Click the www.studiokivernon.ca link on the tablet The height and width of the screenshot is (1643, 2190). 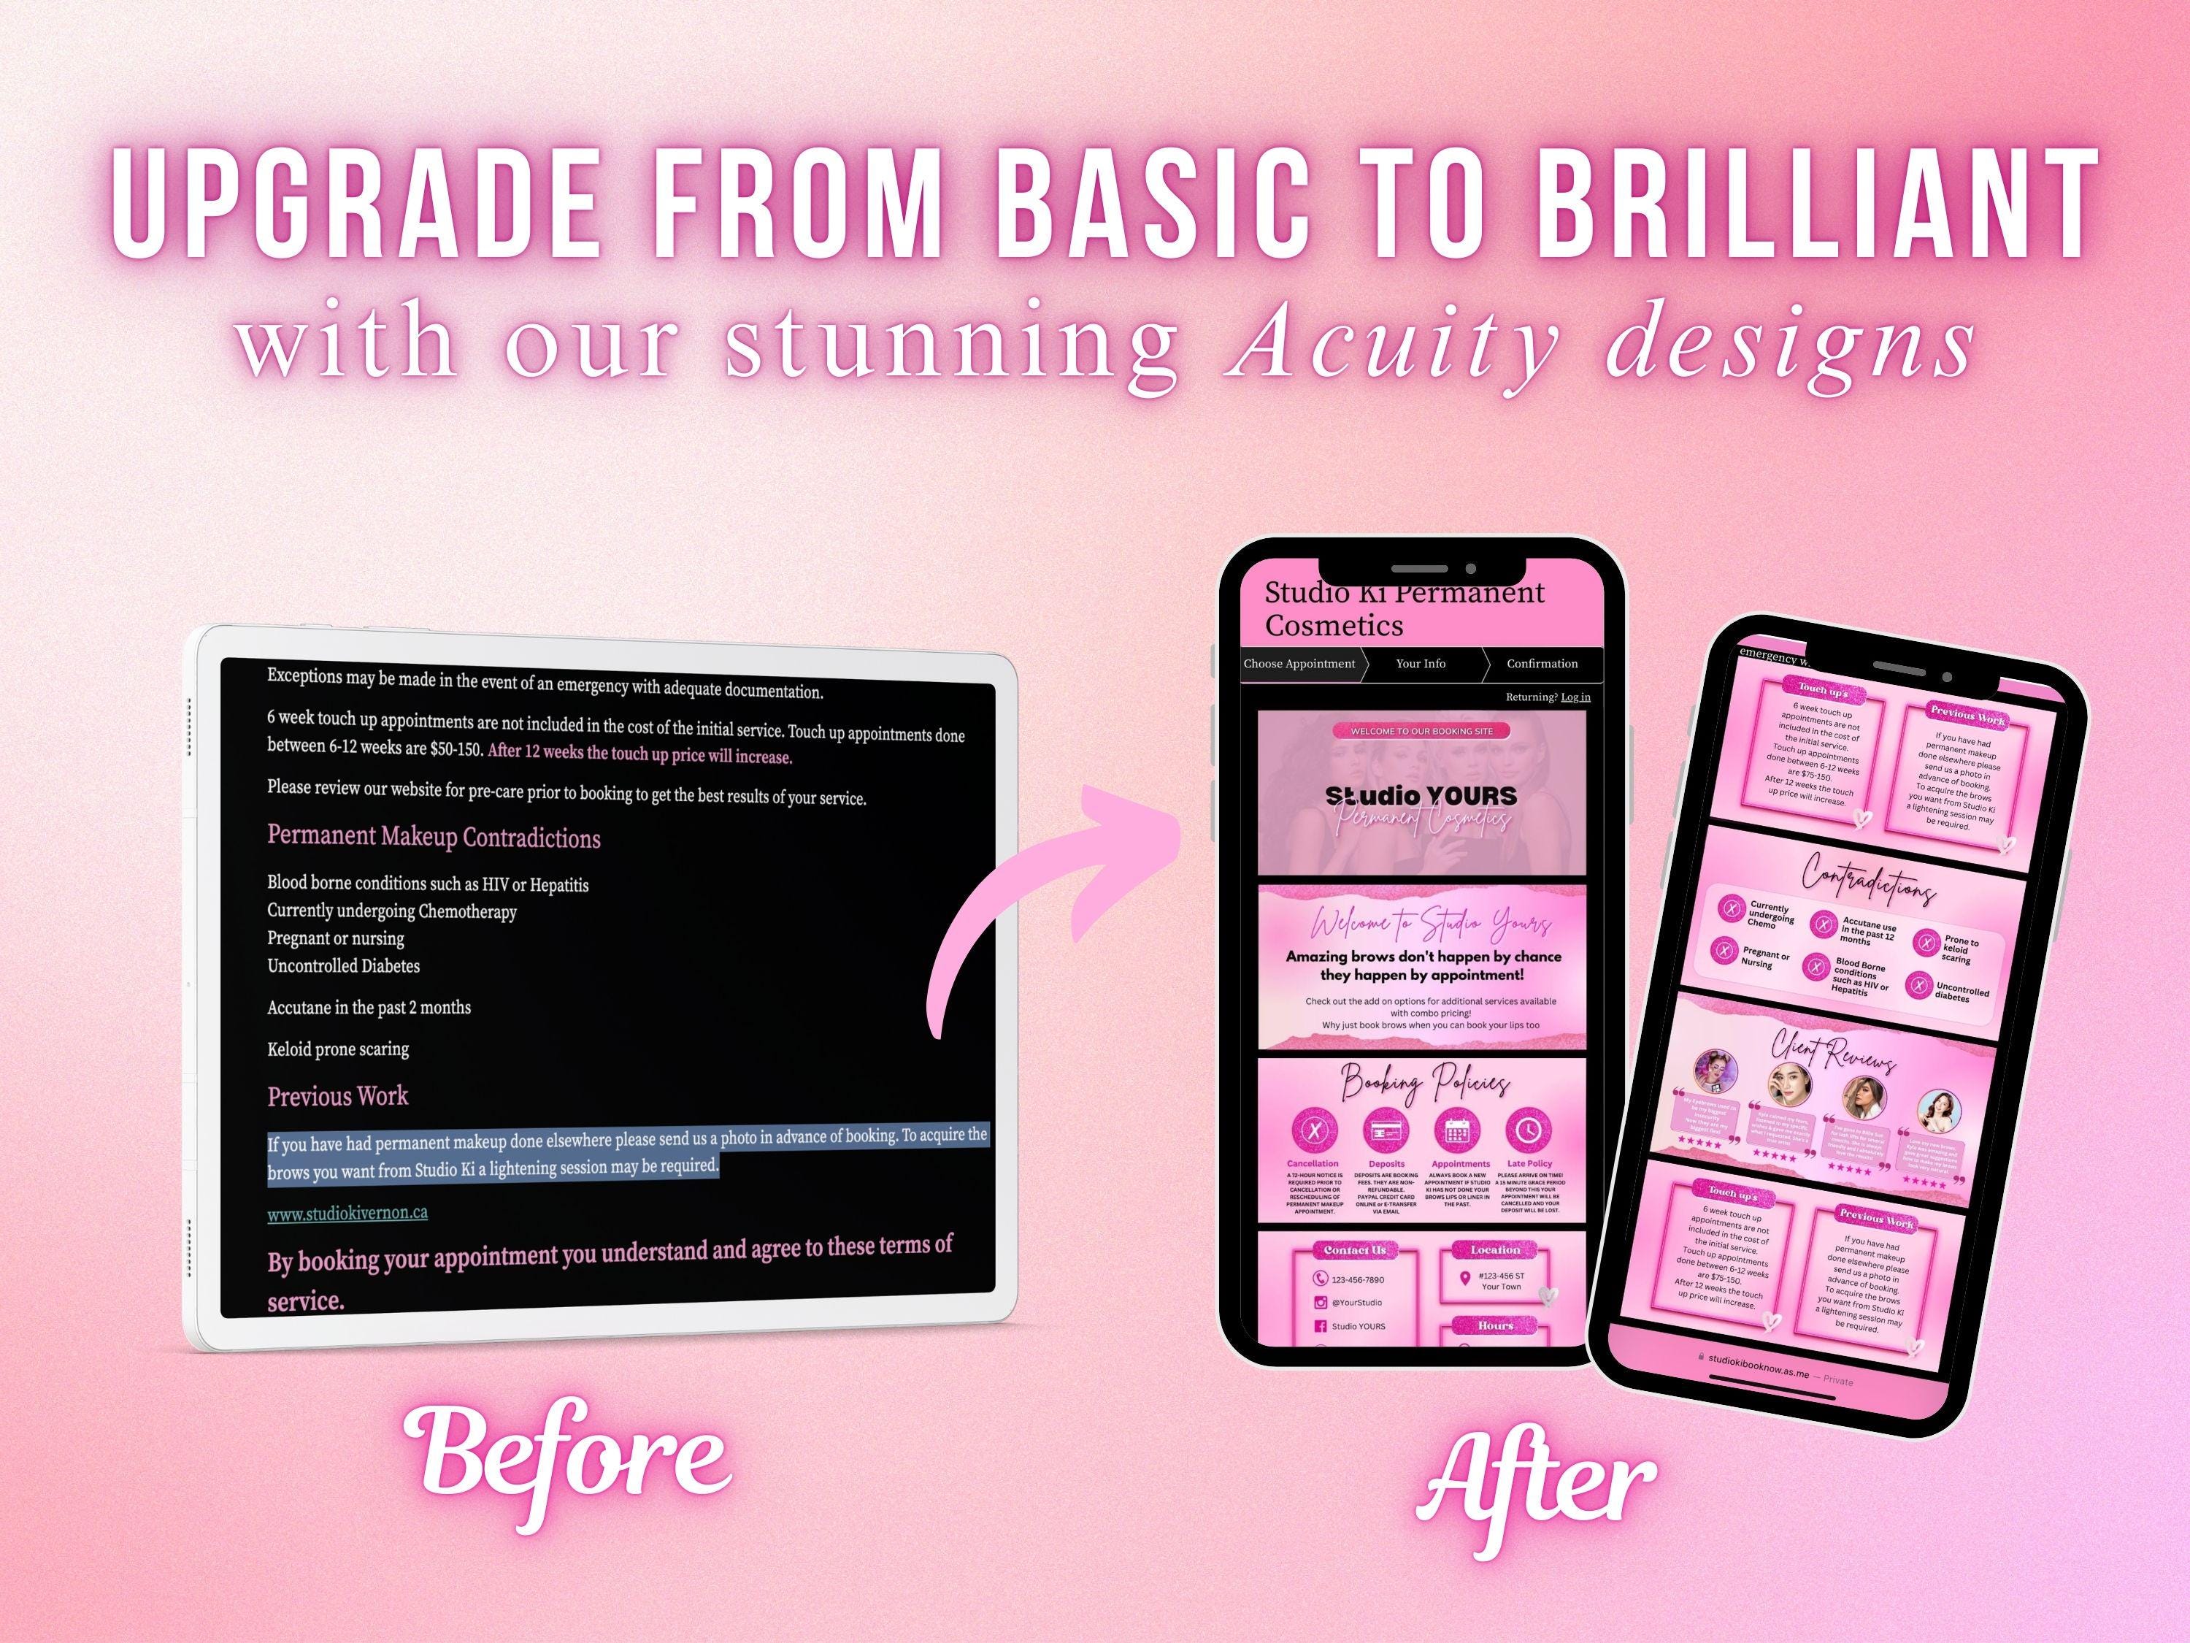[347, 1212]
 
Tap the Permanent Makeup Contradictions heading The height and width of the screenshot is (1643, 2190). [434, 837]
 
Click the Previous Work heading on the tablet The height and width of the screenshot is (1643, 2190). [337, 1096]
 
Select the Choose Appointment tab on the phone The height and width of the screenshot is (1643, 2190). [1299, 664]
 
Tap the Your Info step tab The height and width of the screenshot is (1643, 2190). [1420, 664]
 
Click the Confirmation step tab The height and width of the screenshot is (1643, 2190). [1542, 664]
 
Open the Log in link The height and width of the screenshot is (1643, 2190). [1575, 697]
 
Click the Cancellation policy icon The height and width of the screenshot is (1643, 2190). [1314, 1130]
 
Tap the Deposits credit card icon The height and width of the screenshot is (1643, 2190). [1386, 1130]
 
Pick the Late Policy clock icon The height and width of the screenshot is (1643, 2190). [1529, 1130]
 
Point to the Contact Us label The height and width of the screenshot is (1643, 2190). [1354, 1250]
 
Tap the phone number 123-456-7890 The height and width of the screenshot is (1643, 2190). [1356, 1279]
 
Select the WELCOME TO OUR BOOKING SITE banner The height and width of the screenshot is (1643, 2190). [1422, 731]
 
